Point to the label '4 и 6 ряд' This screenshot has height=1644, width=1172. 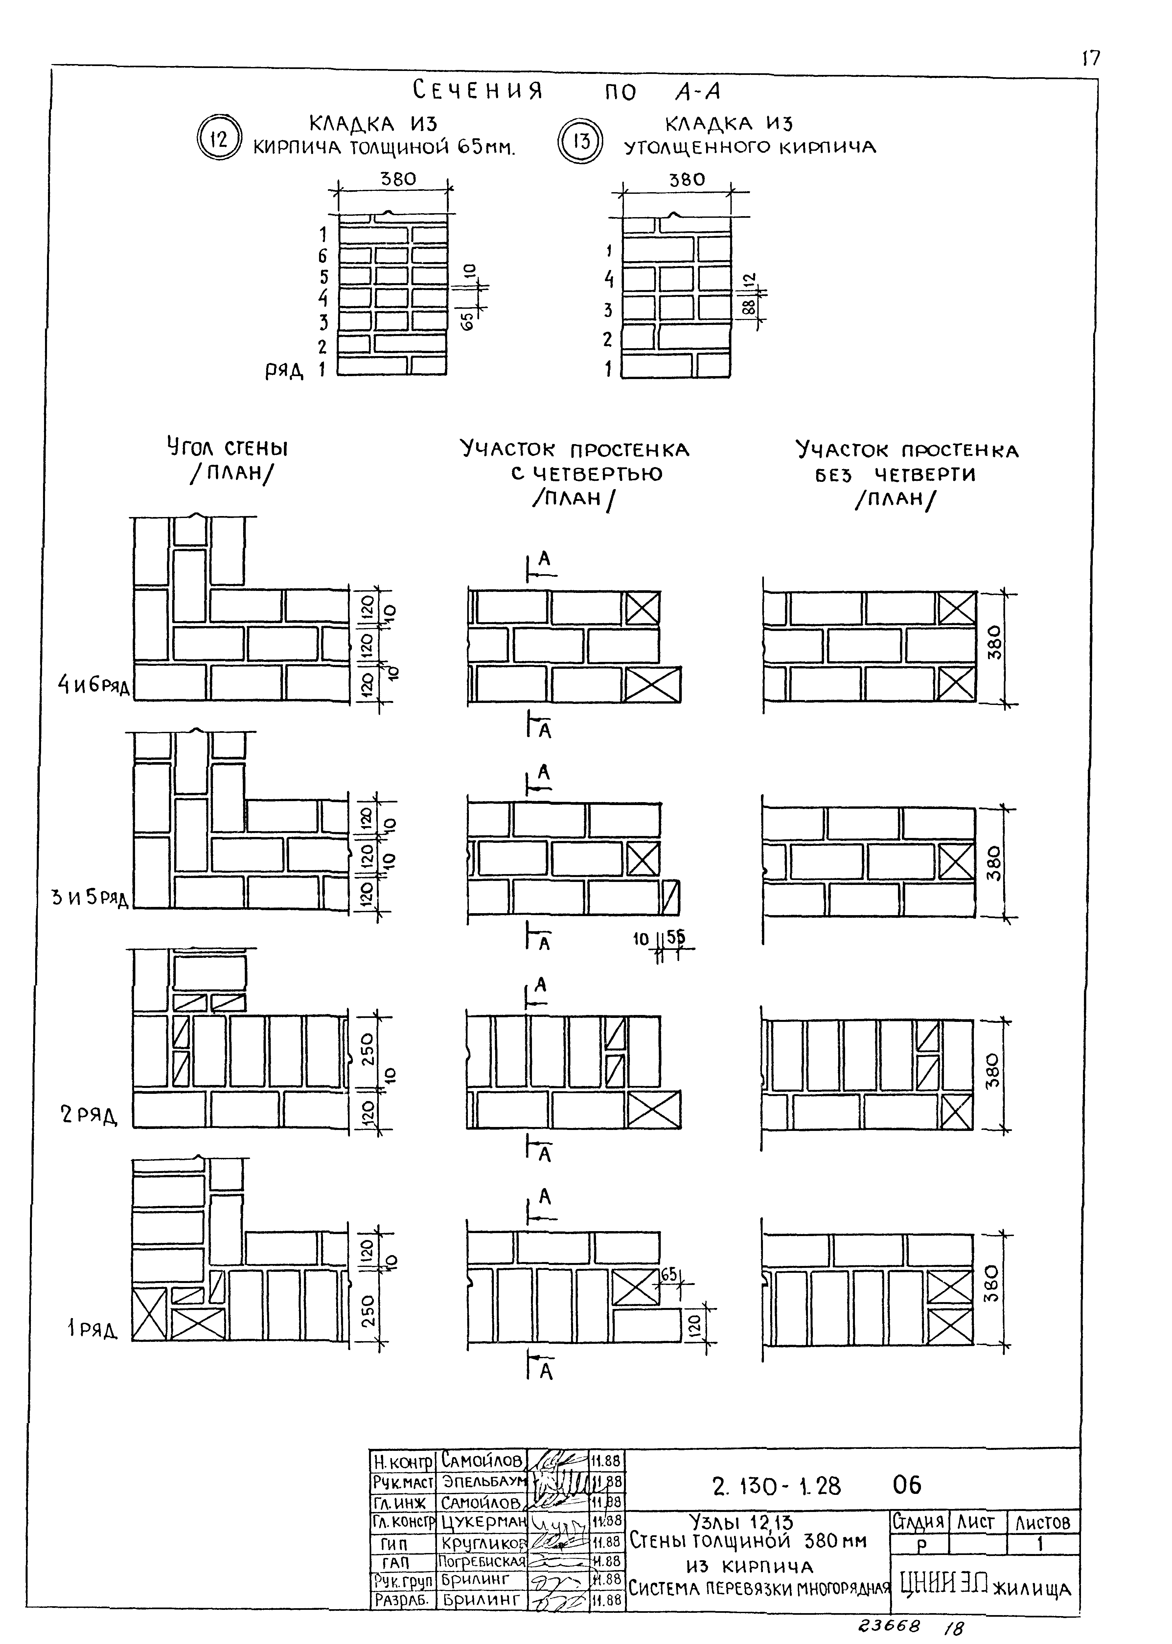(94, 684)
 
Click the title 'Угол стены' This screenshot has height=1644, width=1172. (227, 448)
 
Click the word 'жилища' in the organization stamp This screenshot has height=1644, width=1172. (1032, 1589)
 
